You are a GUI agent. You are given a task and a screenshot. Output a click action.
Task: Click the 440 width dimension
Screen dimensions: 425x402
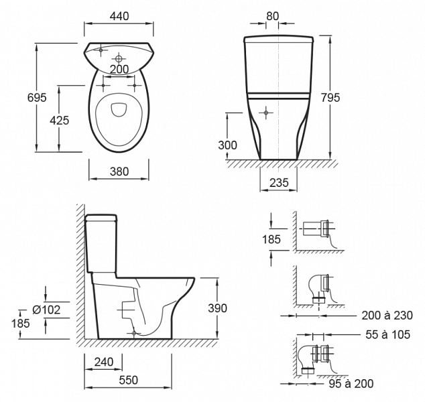(119, 16)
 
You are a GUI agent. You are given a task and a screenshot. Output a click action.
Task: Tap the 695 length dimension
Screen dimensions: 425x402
(37, 98)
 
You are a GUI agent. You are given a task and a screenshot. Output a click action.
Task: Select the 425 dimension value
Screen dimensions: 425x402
(60, 121)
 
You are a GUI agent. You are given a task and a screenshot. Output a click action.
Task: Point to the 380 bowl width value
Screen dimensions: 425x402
(119, 172)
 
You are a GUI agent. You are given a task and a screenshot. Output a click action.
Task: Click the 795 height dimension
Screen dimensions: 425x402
(330, 98)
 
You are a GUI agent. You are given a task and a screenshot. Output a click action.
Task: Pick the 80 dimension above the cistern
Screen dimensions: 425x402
(272, 16)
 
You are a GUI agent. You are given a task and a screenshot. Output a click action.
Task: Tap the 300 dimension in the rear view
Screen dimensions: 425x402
(227, 145)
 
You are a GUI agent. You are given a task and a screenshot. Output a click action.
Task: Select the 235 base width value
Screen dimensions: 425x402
(279, 183)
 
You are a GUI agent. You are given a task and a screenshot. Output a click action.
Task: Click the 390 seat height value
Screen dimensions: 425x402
(217, 308)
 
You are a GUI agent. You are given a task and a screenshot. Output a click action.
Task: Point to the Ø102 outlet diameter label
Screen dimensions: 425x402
(46, 310)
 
